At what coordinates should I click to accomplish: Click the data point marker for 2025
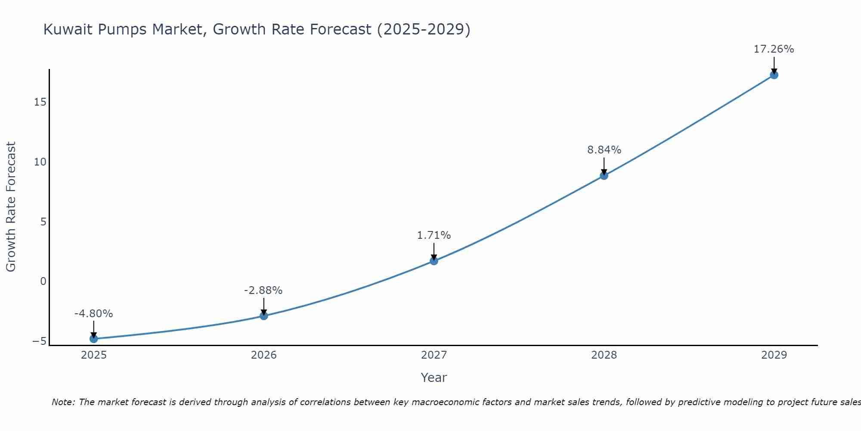[x=93, y=339]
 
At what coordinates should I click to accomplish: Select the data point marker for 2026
[x=264, y=316]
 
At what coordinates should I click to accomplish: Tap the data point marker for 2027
[x=434, y=261]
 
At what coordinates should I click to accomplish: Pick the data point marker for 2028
[x=604, y=175]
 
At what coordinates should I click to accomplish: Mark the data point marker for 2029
[x=774, y=75]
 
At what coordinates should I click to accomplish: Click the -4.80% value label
[x=93, y=314]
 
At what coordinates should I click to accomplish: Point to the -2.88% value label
[x=263, y=290]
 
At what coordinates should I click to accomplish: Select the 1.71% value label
[x=434, y=235]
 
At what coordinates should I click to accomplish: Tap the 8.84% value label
[x=604, y=150]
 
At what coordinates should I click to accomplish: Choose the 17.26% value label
[x=774, y=49]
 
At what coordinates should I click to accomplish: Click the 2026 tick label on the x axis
[x=264, y=355]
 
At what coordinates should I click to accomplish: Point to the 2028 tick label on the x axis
[x=604, y=355]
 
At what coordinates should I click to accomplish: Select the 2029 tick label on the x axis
[x=774, y=355]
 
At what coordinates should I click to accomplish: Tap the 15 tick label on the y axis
[x=40, y=102]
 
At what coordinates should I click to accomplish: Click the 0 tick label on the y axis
[x=43, y=281]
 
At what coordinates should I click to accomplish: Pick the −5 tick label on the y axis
[x=39, y=341]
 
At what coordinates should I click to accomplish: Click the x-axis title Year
[x=434, y=378]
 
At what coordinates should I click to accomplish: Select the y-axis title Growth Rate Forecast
[x=11, y=207]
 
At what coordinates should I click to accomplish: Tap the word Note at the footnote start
[x=63, y=402]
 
